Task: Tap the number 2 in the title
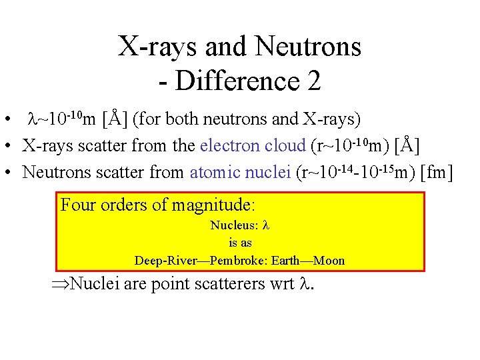314,81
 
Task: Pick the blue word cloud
287,145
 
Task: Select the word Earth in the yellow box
287,260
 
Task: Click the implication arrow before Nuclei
60,285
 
